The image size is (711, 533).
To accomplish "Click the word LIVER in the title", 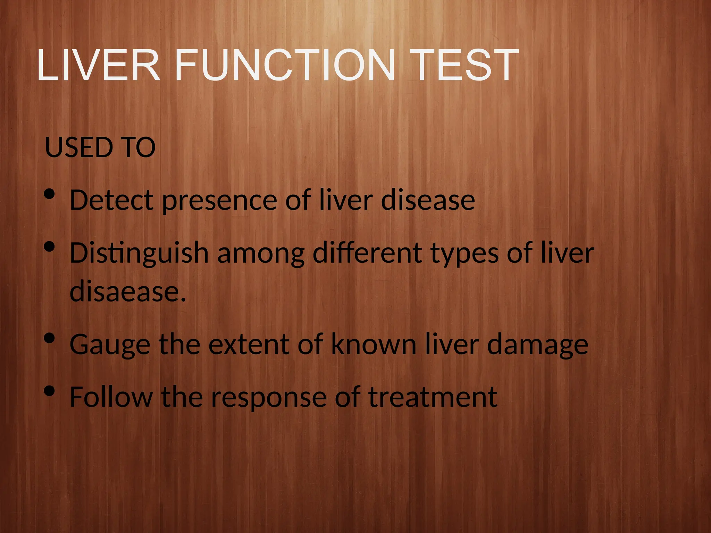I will click(98, 65).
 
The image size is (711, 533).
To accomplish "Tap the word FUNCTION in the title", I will click(285, 65).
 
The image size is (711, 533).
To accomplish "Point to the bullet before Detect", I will click(50, 194).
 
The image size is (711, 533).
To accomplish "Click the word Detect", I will click(111, 200).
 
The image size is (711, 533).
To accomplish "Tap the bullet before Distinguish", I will click(50, 247).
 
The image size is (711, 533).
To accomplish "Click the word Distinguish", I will click(139, 254).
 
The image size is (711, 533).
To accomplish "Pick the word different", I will click(367, 253).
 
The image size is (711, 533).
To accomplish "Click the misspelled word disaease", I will click(128, 291).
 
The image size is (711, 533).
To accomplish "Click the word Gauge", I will click(110, 345).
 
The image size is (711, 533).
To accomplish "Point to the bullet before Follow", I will click(50, 391).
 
